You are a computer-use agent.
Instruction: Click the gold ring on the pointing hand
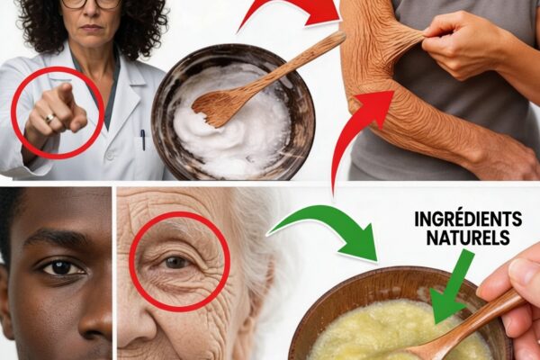[49, 118]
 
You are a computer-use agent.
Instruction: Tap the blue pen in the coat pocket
[142, 139]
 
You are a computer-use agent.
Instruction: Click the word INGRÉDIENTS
[468, 219]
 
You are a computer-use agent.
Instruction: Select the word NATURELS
[468, 238]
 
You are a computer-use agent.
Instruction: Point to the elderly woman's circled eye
[175, 263]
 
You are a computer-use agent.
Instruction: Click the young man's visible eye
[63, 267]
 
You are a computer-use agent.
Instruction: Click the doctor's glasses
[91, 4]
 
